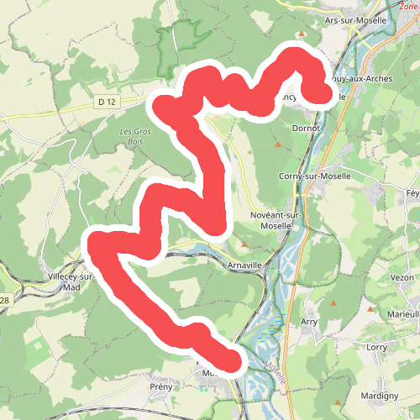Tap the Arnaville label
245,265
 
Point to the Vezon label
402,276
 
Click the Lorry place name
376,346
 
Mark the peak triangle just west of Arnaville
244,245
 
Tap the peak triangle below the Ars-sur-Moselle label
302,34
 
